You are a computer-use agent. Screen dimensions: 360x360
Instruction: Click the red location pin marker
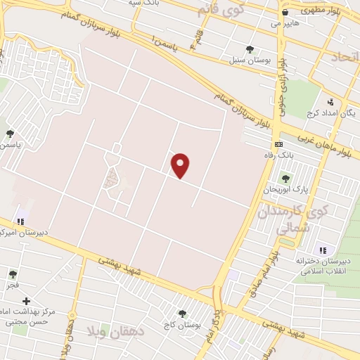[181, 165]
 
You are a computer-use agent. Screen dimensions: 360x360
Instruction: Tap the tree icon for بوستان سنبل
[250, 49]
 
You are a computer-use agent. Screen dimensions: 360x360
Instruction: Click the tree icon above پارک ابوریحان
[285, 179]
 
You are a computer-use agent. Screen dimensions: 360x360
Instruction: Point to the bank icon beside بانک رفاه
[278, 143]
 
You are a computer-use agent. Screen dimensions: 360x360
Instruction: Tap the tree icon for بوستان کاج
[183, 314]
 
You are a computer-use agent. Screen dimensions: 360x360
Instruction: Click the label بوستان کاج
[184, 325]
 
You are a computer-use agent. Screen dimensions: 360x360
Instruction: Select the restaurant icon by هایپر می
[285, 12]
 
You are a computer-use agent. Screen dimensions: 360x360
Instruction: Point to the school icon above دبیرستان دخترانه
[323, 250]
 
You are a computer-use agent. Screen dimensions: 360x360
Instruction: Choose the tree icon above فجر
[12, 274]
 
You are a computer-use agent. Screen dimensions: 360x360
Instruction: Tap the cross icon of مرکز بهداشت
[26, 301]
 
